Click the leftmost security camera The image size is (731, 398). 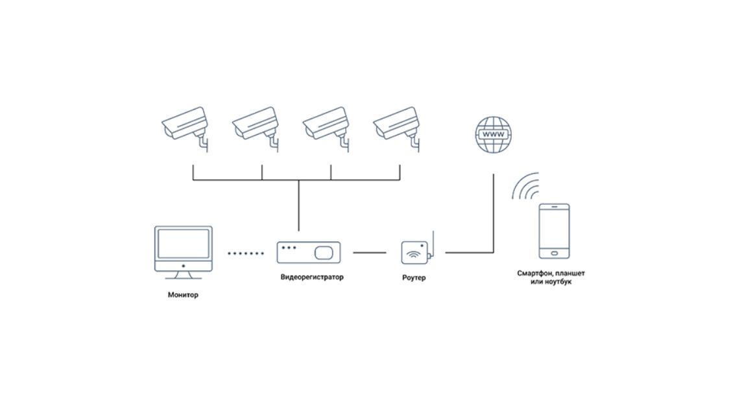[x=186, y=126]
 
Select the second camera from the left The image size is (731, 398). [x=256, y=126]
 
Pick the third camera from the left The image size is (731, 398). [x=327, y=126]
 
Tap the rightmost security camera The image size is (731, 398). [x=398, y=126]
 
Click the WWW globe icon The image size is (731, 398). [x=493, y=135]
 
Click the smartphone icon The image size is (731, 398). [x=554, y=231]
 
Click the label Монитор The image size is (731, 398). [x=183, y=295]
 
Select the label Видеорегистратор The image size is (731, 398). [x=312, y=277]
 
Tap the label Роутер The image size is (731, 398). [x=414, y=278]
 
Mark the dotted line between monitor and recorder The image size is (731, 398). [x=246, y=253]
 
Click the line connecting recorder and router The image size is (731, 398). [x=369, y=253]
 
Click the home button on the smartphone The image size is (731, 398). [x=554, y=253]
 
